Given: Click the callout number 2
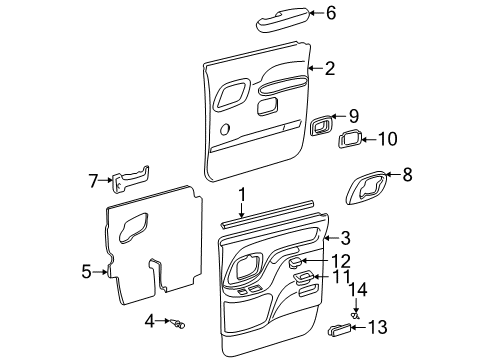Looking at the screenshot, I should (330, 68).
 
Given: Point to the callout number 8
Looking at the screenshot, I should (406, 174).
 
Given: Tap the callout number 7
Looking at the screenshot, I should (92, 181).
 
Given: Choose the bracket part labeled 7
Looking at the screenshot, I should (128, 181).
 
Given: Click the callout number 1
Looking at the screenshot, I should (241, 193).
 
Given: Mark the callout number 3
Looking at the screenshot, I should (346, 238).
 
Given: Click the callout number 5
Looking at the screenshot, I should (86, 271).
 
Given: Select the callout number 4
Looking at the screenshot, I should (148, 321).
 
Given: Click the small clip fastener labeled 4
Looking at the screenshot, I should (178, 322).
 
